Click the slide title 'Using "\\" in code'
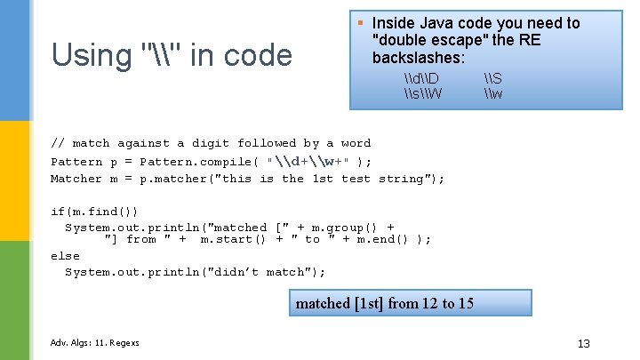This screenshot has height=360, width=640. [x=172, y=55]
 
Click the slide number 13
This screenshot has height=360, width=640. [x=583, y=344]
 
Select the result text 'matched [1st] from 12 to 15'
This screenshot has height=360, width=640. [x=384, y=303]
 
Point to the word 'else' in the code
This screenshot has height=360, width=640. [x=65, y=255]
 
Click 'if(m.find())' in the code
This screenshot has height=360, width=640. [x=94, y=211]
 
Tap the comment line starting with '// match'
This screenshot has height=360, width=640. [x=211, y=143]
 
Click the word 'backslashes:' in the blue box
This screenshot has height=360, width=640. [x=418, y=57]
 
